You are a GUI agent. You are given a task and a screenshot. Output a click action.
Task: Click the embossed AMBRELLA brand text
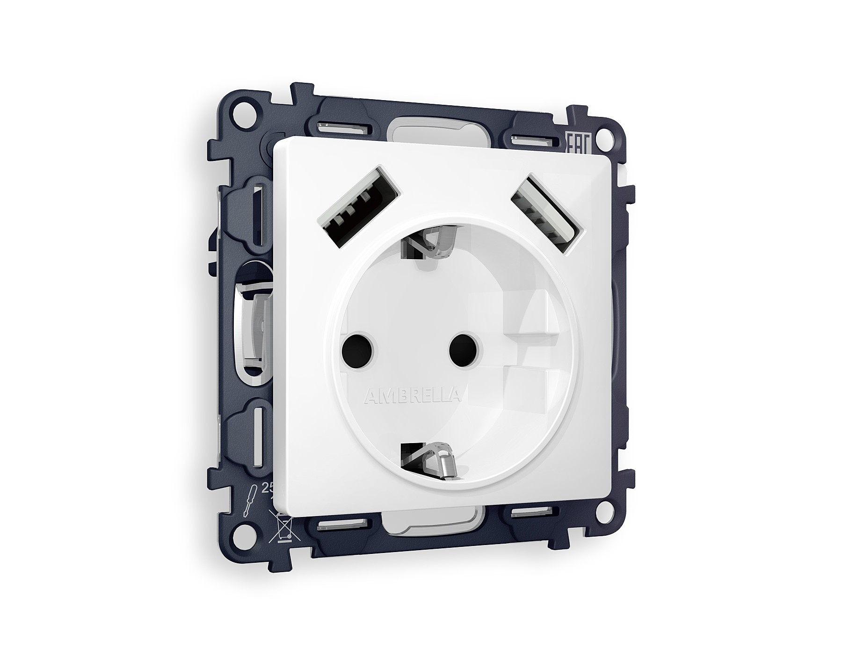pos(412,396)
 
